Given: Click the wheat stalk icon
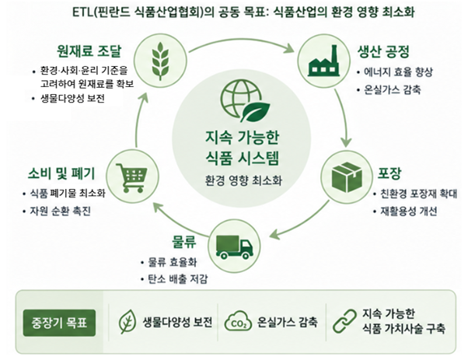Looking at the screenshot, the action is click(x=160, y=61).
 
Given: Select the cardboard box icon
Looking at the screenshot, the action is click(x=347, y=177).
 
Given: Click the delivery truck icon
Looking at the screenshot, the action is click(x=234, y=246).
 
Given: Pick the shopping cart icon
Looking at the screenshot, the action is click(x=132, y=178).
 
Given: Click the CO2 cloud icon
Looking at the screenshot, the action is click(x=238, y=321).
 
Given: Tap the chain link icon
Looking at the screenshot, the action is click(x=344, y=321).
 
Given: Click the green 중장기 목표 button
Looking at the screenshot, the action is click(x=59, y=323).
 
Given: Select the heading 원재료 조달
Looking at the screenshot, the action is click(x=89, y=51).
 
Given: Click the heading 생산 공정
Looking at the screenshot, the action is click(x=383, y=51).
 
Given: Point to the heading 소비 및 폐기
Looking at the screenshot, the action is click(x=61, y=173).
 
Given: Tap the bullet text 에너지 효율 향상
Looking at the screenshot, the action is click(x=398, y=72).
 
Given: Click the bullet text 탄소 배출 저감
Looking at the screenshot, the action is click(x=178, y=279).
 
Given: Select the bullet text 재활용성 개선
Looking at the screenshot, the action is click(x=409, y=211).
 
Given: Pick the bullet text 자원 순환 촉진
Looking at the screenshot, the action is click(x=60, y=211).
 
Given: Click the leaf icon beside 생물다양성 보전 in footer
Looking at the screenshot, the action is click(x=127, y=321).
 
